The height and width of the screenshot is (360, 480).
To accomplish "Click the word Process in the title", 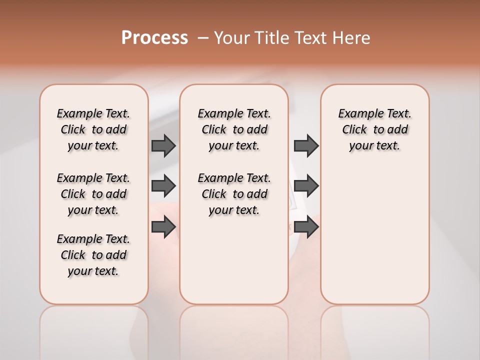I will coord(154,38).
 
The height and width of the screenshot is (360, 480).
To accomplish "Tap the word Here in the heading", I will coord(351,38).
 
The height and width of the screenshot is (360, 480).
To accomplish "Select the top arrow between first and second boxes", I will coord(163,145).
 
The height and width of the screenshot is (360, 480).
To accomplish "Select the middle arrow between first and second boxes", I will coord(163,186).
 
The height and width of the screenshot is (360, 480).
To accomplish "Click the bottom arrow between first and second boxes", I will coord(163,226).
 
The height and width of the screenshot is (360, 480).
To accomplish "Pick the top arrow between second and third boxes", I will coord(306,145).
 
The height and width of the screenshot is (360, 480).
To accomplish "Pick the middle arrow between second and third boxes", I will coord(306,186).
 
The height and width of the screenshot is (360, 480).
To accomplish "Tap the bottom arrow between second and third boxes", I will coord(306,226).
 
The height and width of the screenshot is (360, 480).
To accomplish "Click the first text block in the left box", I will coord(93,129).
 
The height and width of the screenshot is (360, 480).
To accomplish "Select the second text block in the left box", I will coord(93,194).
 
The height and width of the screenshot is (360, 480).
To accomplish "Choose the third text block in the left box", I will coord(93,255).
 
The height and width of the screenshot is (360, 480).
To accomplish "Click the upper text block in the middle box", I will coord(234,129).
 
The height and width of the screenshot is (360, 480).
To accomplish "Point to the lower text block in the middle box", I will coord(234,194).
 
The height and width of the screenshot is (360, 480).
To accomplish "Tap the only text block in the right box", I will coord(374,129).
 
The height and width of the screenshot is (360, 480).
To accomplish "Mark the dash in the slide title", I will coord(202,38).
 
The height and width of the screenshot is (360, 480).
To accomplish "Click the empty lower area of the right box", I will coord(374,235).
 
